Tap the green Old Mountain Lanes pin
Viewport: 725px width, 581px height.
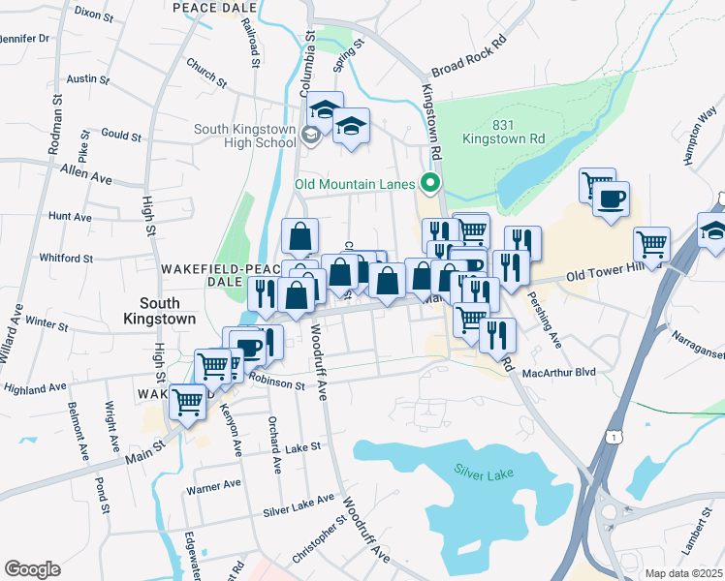click(429, 182)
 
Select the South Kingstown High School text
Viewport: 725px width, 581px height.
click(244, 136)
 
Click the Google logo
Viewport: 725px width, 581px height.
click(32, 569)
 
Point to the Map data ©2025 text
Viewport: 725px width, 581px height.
click(683, 573)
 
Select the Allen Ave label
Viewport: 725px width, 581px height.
click(85, 174)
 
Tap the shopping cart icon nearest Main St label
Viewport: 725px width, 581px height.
click(188, 400)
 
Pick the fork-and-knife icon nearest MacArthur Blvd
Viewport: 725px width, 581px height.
click(496, 334)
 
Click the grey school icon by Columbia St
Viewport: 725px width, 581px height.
click(309, 134)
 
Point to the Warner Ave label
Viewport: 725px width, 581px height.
click(213, 486)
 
